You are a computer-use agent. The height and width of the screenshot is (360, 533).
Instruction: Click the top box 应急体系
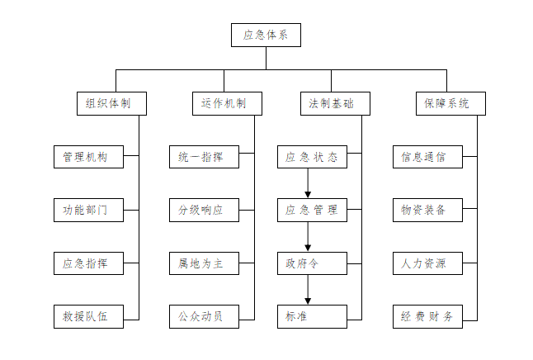coord(266,36)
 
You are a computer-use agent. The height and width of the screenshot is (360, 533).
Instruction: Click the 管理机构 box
coord(88,157)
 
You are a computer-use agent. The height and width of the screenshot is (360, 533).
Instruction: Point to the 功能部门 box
coord(88,210)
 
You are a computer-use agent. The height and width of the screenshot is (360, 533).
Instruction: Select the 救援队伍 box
coord(88,316)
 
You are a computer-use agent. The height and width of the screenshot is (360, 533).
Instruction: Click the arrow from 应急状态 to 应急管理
coord(308,183)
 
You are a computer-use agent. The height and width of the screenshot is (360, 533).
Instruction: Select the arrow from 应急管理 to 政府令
coord(308,236)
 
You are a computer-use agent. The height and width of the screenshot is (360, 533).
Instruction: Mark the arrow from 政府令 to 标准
coord(308,290)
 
